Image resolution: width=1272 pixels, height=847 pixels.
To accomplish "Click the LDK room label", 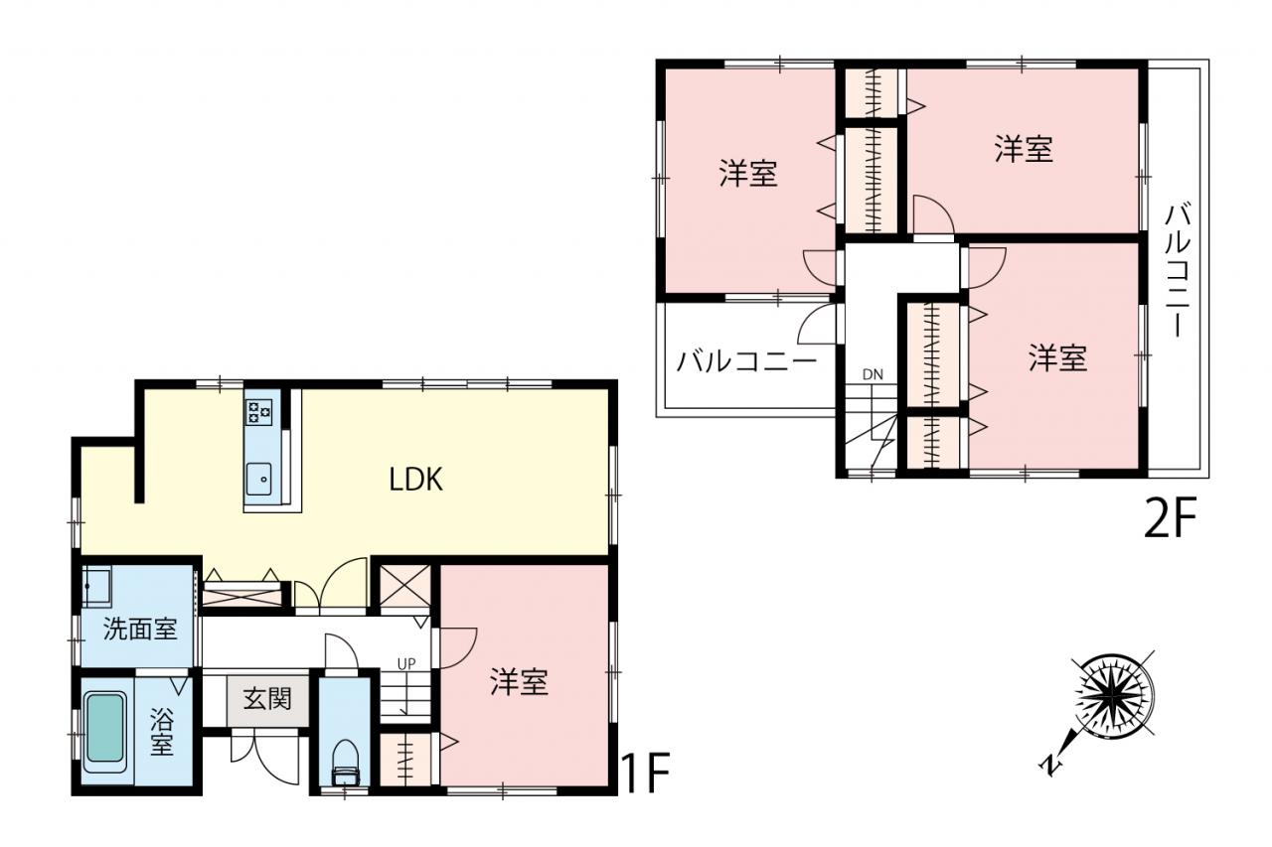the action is pos(415,479).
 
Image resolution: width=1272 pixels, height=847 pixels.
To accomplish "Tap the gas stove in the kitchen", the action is pos(258,412).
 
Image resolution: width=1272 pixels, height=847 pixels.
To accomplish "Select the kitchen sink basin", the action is pos(259,479).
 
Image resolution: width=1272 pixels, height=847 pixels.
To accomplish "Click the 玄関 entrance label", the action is pos(267,698).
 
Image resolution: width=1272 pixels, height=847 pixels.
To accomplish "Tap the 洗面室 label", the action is pos(140,629).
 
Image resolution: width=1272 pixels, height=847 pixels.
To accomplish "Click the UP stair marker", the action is pos(406,663).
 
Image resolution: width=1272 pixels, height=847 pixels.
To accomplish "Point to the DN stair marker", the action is pos(873,374).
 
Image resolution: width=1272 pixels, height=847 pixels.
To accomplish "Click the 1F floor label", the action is pos(646,773).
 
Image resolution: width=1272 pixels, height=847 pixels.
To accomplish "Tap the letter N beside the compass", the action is pos(1050,766).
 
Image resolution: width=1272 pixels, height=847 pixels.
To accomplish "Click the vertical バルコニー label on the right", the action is pos(1178,270).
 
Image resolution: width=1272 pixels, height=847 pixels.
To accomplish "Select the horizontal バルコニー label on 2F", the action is pos(746,360).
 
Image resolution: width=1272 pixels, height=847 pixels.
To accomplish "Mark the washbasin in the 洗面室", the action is pos(97,587).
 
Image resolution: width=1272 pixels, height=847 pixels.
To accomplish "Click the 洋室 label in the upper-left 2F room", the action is pos(748,173).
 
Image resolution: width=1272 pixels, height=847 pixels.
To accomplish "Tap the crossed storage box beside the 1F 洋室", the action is pos(404,587).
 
